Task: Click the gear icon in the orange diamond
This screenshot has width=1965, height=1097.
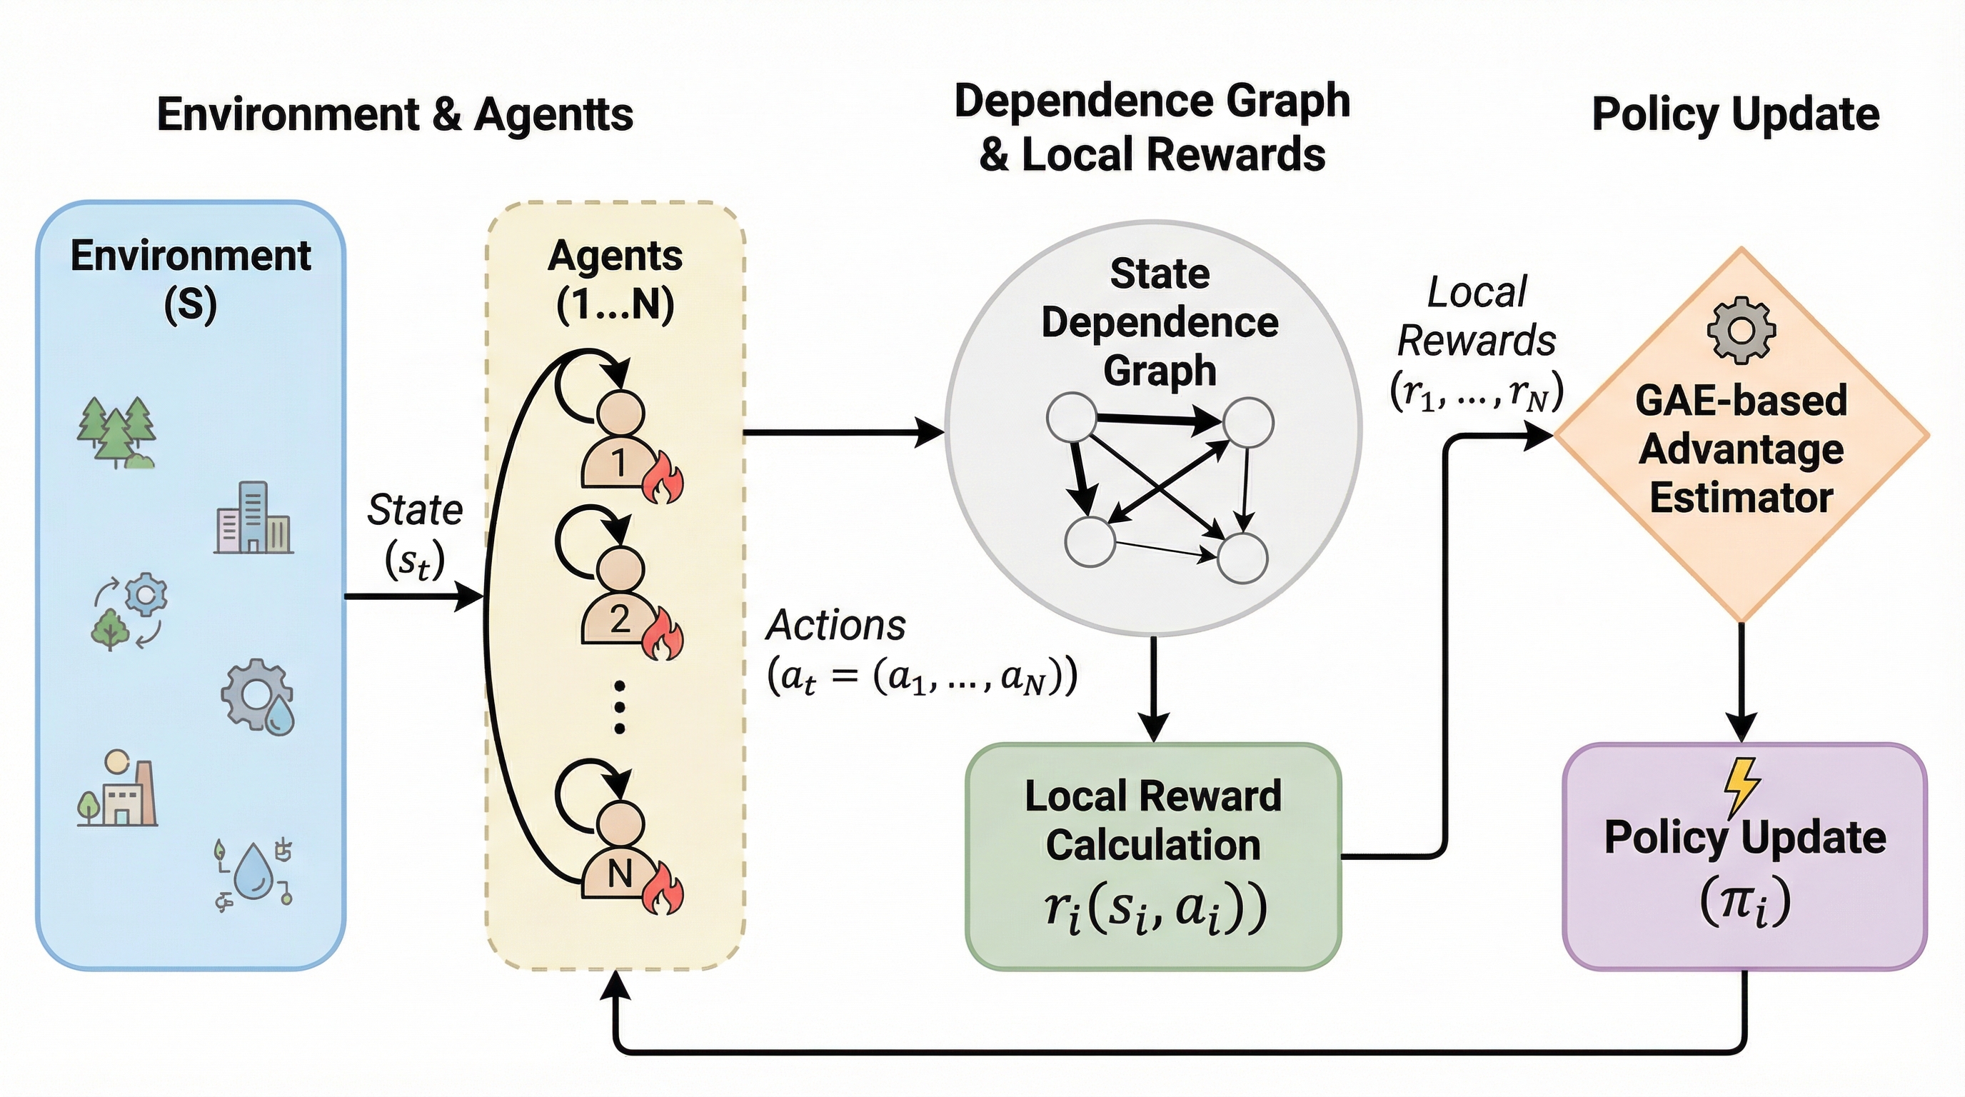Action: [1742, 331]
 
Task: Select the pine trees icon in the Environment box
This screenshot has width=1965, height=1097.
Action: [116, 432]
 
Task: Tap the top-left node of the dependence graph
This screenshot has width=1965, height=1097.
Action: [1072, 416]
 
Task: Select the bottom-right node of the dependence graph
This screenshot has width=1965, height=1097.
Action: [1242, 558]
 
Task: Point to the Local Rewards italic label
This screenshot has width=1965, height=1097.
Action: [1477, 316]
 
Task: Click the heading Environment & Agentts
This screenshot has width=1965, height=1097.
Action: [395, 114]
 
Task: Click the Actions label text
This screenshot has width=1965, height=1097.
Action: [836, 626]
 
